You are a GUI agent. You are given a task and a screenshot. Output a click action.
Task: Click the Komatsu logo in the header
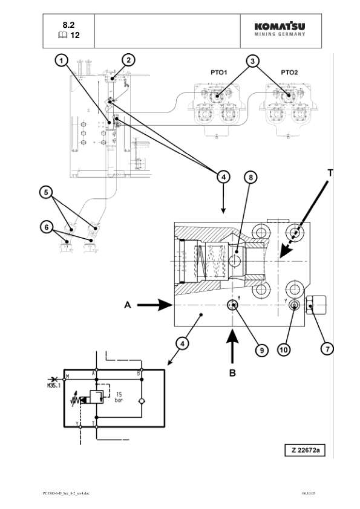pos(280,29)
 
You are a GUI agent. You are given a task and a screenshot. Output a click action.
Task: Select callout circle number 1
pos(61,60)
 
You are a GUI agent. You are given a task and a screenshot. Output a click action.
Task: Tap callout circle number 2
pos(129,60)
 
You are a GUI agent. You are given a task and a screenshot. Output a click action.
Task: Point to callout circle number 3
pos(252,61)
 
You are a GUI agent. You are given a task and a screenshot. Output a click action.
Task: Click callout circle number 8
pos(250,177)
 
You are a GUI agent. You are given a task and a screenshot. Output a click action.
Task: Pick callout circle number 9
pos(261,350)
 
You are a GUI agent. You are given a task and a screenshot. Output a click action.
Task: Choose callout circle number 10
pos(284,349)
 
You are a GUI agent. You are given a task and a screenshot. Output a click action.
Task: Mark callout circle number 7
pos(327,349)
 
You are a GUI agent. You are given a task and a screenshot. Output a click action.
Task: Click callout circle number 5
pos(46,192)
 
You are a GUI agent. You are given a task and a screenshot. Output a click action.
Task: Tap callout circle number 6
pos(47,227)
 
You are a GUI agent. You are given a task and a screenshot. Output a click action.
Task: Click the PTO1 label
pos(218,73)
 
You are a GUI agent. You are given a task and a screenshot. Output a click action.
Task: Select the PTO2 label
pos(289,73)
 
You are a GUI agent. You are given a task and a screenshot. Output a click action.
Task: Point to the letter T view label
pos(330,173)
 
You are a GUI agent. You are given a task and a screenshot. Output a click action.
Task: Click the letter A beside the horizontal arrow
pos(128,305)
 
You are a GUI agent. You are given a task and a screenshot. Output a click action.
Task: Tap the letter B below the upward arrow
pos(232,373)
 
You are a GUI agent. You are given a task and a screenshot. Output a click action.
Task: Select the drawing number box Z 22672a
pos(305,450)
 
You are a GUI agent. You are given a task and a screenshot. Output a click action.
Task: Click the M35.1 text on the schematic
pos(54,386)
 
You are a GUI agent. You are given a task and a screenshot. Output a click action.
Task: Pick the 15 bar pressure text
pos(119,397)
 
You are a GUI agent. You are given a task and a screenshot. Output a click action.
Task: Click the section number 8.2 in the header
pos(68,25)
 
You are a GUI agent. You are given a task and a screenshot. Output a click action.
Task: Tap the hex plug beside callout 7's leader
pos(315,305)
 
